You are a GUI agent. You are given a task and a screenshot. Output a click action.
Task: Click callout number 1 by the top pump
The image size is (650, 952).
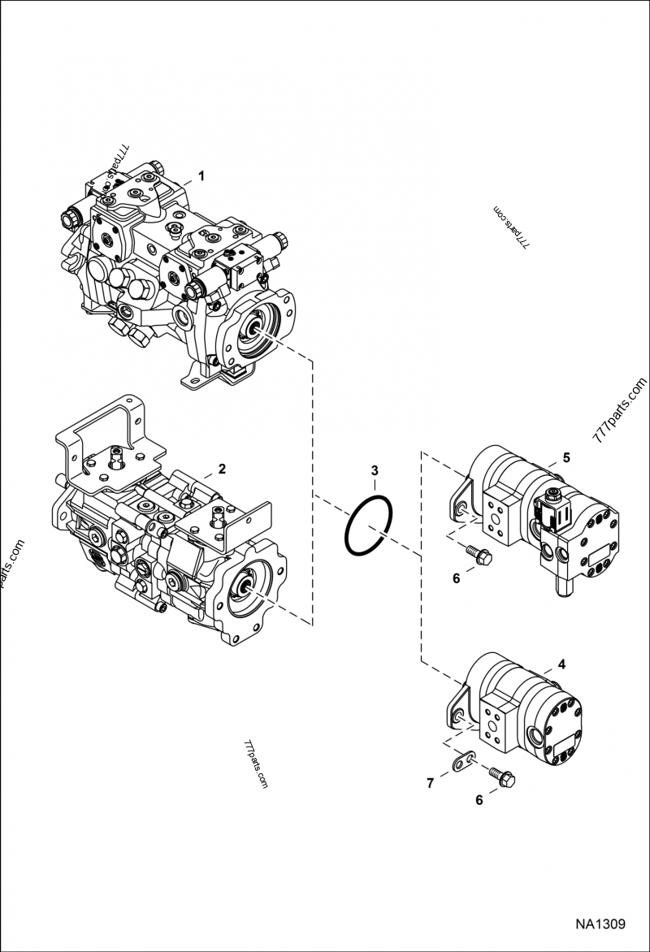click(x=202, y=176)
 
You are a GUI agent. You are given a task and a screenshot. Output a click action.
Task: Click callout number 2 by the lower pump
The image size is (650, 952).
click(x=222, y=469)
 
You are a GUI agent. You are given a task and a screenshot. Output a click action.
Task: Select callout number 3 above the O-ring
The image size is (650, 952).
click(x=375, y=470)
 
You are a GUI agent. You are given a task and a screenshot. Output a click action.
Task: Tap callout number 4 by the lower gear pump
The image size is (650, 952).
click(x=562, y=664)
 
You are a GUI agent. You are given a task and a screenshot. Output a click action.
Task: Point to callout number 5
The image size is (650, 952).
click(x=566, y=458)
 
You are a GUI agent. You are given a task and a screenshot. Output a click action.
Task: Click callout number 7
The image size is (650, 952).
click(x=430, y=784)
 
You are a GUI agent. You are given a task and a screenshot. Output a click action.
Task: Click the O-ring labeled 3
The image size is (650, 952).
click(x=369, y=525)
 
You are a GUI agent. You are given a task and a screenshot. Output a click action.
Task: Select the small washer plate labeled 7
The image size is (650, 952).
click(x=464, y=759)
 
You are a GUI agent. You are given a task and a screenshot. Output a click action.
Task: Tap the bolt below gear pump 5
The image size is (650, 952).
click(x=479, y=554)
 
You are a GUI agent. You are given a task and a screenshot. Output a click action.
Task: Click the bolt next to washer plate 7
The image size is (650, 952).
click(x=502, y=777)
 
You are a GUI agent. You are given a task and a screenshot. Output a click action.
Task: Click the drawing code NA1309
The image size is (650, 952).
click(x=600, y=924)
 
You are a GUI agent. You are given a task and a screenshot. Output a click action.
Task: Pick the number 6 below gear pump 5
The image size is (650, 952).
click(x=456, y=578)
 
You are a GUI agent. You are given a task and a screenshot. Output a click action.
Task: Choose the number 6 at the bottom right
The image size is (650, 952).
click(x=479, y=800)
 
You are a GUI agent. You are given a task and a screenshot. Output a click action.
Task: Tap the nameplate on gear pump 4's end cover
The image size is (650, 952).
click(x=564, y=747)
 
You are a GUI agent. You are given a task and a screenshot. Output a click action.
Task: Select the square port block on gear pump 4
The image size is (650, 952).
click(x=499, y=725)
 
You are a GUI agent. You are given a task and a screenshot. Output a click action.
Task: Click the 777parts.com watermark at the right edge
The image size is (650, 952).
click(x=620, y=411)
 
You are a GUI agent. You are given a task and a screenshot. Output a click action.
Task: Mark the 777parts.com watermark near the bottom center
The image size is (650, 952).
click(x=256, y=764)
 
